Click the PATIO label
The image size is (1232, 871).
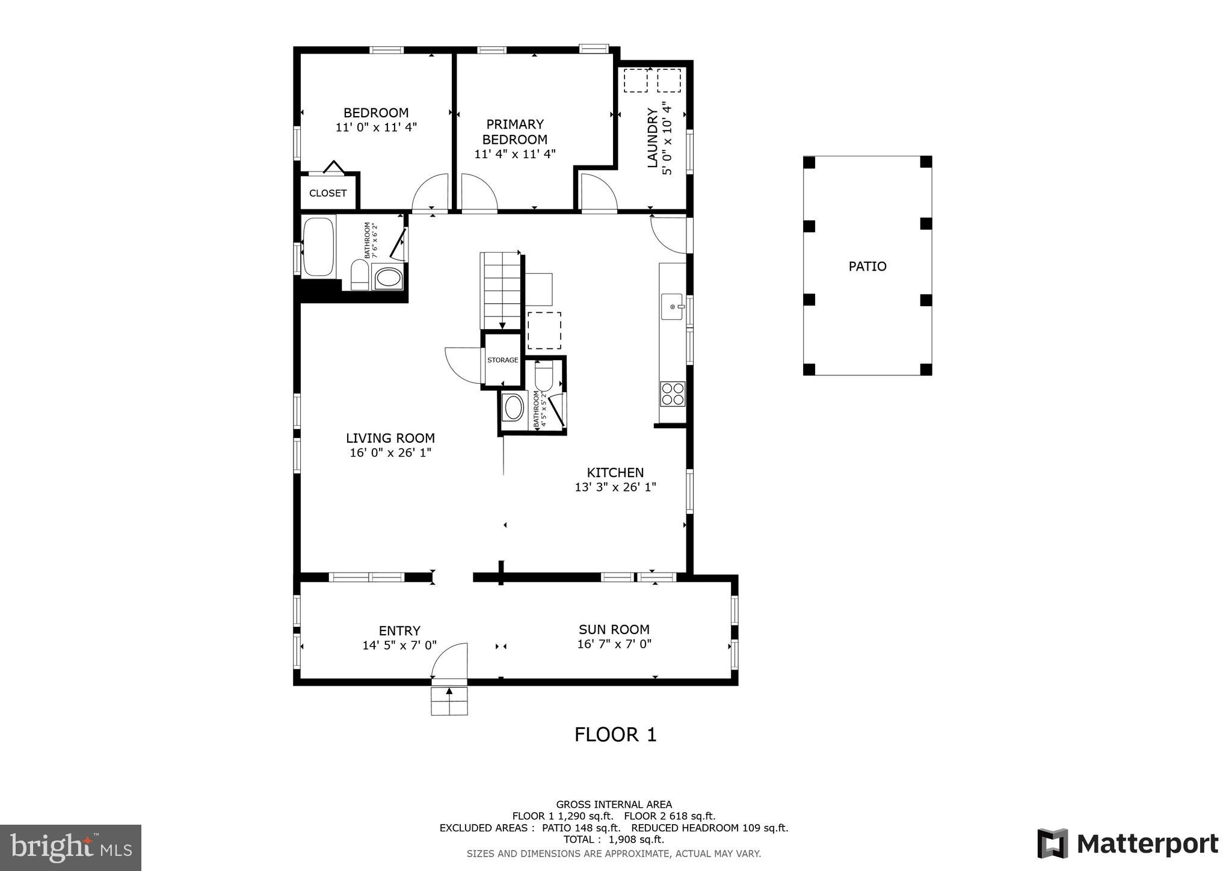(x=867, y=266)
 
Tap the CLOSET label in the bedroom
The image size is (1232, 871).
(x=328, y=193)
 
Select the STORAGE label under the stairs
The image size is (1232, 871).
(x=502, y=360)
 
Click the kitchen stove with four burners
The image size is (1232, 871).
(x=673, y=393)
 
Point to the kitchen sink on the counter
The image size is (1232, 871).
(x=672, y=307)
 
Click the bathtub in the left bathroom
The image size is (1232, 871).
(x=318, y=247)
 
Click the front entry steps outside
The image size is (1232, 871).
(x=449, y=701)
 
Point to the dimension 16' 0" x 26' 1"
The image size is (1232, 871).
(x=390, y=453)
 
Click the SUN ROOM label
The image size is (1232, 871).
(x=614, y=630)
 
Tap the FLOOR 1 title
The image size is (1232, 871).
(x=615, y=734)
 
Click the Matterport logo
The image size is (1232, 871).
(x=1127, y=843)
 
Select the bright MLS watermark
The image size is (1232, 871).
(x=70, y=848)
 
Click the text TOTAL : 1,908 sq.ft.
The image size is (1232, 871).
(x=614, y=840)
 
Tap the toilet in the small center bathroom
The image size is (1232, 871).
(x=544, y=377)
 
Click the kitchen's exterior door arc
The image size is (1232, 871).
(x=669, y=235)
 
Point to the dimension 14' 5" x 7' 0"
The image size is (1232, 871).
(x=399, y=645)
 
